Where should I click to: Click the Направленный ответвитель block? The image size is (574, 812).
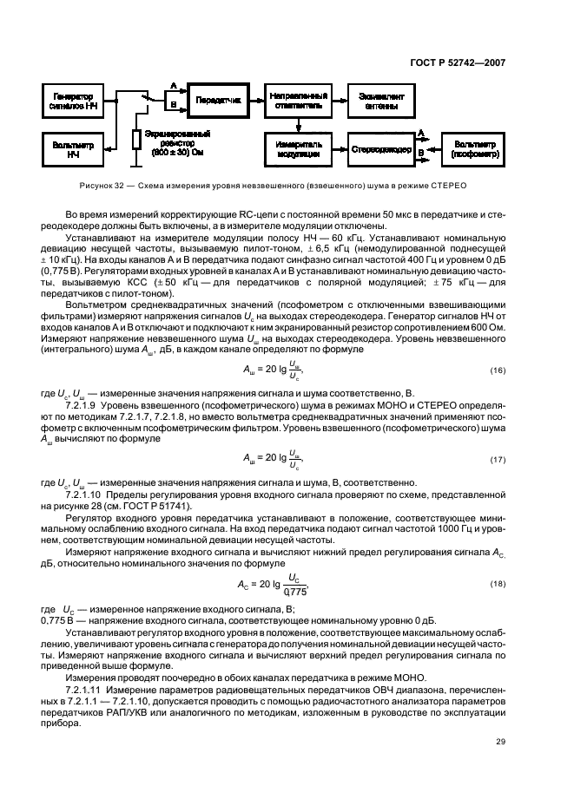[x=298, y=100]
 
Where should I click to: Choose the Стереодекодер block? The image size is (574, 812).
[x=379, y=149]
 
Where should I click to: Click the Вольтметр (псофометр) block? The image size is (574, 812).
[x=472, y=149]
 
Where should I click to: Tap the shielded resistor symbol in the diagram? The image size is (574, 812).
[x=136, y=139]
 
